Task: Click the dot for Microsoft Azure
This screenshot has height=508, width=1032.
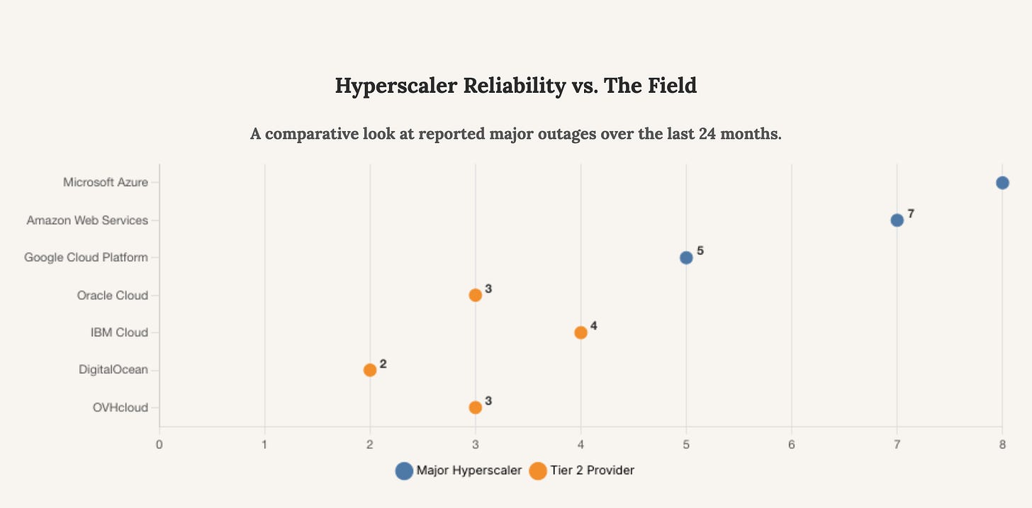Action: click(1002, 183)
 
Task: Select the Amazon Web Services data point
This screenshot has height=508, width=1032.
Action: click(897, 220)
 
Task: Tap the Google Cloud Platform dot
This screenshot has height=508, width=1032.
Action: click(686, 257)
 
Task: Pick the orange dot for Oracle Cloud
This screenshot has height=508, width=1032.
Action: click(475, 295)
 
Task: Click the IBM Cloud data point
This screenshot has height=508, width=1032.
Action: click(580, 332)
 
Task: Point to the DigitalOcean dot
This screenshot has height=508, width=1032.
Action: click(370, 370)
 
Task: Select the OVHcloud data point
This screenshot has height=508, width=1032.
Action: click(475, 407)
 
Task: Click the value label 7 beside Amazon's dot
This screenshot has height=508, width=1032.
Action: click(911, 214)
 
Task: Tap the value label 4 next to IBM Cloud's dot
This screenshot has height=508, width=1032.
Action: click(594, 326)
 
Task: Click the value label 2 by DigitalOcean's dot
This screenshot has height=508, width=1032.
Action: click(383, 363)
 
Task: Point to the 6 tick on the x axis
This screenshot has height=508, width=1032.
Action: click(792, 445)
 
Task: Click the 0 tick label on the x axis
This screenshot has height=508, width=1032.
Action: click(159, 445)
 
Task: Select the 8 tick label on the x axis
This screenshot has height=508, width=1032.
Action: click(1002, 445)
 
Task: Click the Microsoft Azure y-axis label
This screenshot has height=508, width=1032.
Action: click(106, 182)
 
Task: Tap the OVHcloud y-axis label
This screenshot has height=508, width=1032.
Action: click(120, 407)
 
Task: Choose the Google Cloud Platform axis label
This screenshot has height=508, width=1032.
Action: click(86, 257)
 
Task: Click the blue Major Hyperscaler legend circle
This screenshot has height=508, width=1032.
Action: click(404, 470)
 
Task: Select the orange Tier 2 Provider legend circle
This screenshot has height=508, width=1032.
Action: click(538, 470)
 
